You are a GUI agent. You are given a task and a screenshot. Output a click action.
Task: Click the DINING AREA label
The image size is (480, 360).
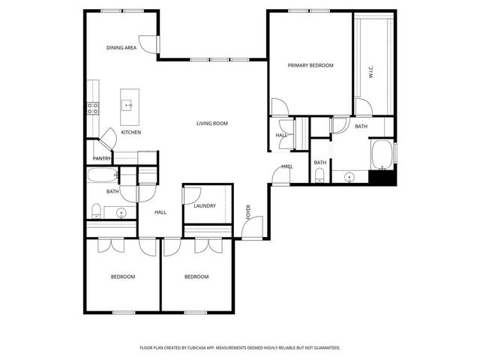(121, 48)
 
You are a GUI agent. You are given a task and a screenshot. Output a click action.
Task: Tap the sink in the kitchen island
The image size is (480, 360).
(129, 106)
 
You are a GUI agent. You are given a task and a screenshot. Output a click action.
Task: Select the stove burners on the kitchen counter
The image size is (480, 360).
(92, 108)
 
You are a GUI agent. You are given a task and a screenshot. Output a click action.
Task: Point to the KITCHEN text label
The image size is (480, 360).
(131, 133)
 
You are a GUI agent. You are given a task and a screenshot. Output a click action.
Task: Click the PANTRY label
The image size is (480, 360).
(102, 158)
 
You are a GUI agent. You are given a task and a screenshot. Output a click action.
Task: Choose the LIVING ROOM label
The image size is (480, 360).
(212, 123)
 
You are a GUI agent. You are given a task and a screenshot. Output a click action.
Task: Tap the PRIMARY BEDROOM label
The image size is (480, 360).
(310, 65)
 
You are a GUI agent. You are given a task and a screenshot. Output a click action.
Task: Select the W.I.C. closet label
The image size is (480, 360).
(370, 72)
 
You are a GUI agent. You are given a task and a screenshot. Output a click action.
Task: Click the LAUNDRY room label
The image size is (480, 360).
(205, 206)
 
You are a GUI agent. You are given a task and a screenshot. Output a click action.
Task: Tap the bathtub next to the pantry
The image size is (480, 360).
(102, 176)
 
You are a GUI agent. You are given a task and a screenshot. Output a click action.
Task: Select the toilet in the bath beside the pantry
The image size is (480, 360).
(97, 209)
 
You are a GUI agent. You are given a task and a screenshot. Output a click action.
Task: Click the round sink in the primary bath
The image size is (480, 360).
(349, 177)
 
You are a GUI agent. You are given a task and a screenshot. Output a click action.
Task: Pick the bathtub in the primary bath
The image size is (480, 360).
(382, 154)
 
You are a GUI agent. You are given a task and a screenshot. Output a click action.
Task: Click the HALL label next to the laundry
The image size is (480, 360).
(160, 212)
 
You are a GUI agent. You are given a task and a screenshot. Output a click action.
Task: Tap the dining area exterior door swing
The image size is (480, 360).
(148, 46)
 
